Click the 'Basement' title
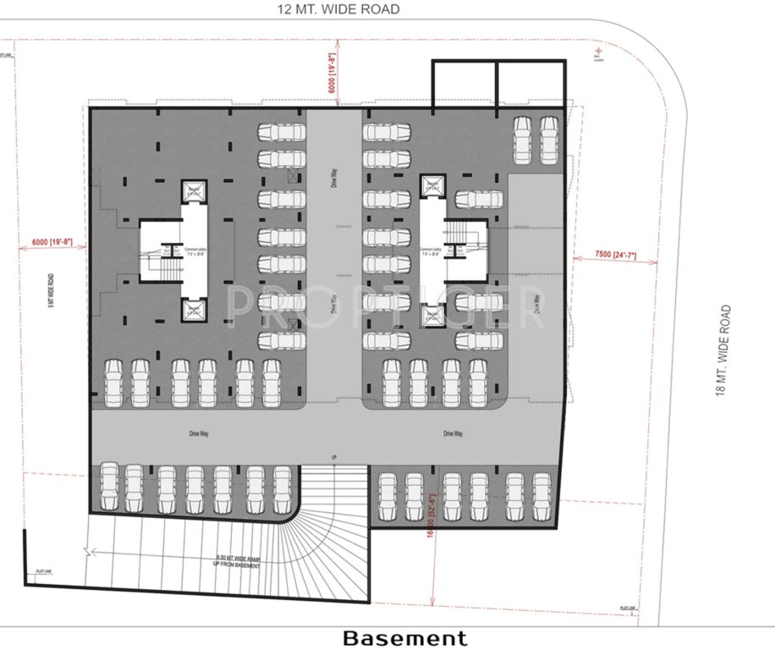pyautogui.click(x=404, y=637)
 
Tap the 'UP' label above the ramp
pyautogui.click(x=335, y=457)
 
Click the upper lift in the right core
pyautogui.click(x=431, y=186)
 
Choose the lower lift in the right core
pyautogui.click(x=431, y=316)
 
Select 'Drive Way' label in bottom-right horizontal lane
pyautogui.click(x=453, y=433)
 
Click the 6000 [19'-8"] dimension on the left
pyautogui.click(x=52, y=243)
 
